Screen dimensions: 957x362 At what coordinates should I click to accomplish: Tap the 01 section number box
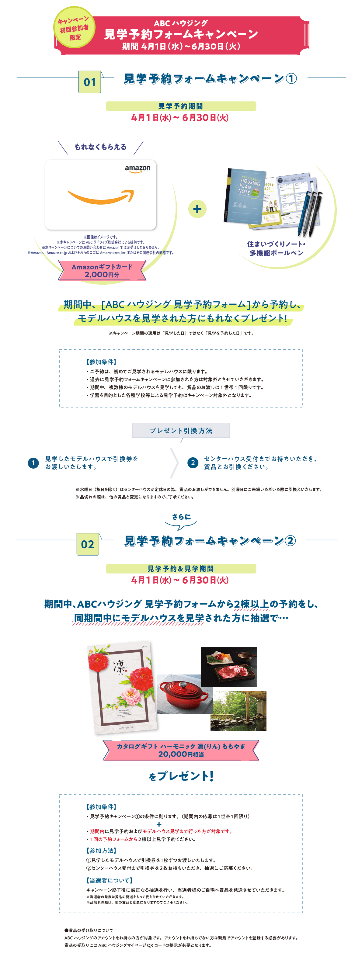point(89,82)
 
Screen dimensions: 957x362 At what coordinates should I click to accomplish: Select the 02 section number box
point(88,544)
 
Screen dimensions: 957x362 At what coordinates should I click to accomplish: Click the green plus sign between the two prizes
point(197,209)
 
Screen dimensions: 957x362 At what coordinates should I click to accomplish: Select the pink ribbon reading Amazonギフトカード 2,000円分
point(102,270)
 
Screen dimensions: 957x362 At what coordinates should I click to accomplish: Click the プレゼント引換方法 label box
point(181,431)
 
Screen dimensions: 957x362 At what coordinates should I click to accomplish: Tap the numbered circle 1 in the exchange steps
point(33,463)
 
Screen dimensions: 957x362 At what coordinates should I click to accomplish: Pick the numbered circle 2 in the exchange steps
point(193,463)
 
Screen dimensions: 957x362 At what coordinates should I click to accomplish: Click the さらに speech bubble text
point(181,517)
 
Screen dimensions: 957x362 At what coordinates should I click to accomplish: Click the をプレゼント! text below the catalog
point(181,776)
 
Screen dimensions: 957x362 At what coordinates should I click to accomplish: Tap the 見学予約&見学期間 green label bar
point(181,568)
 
